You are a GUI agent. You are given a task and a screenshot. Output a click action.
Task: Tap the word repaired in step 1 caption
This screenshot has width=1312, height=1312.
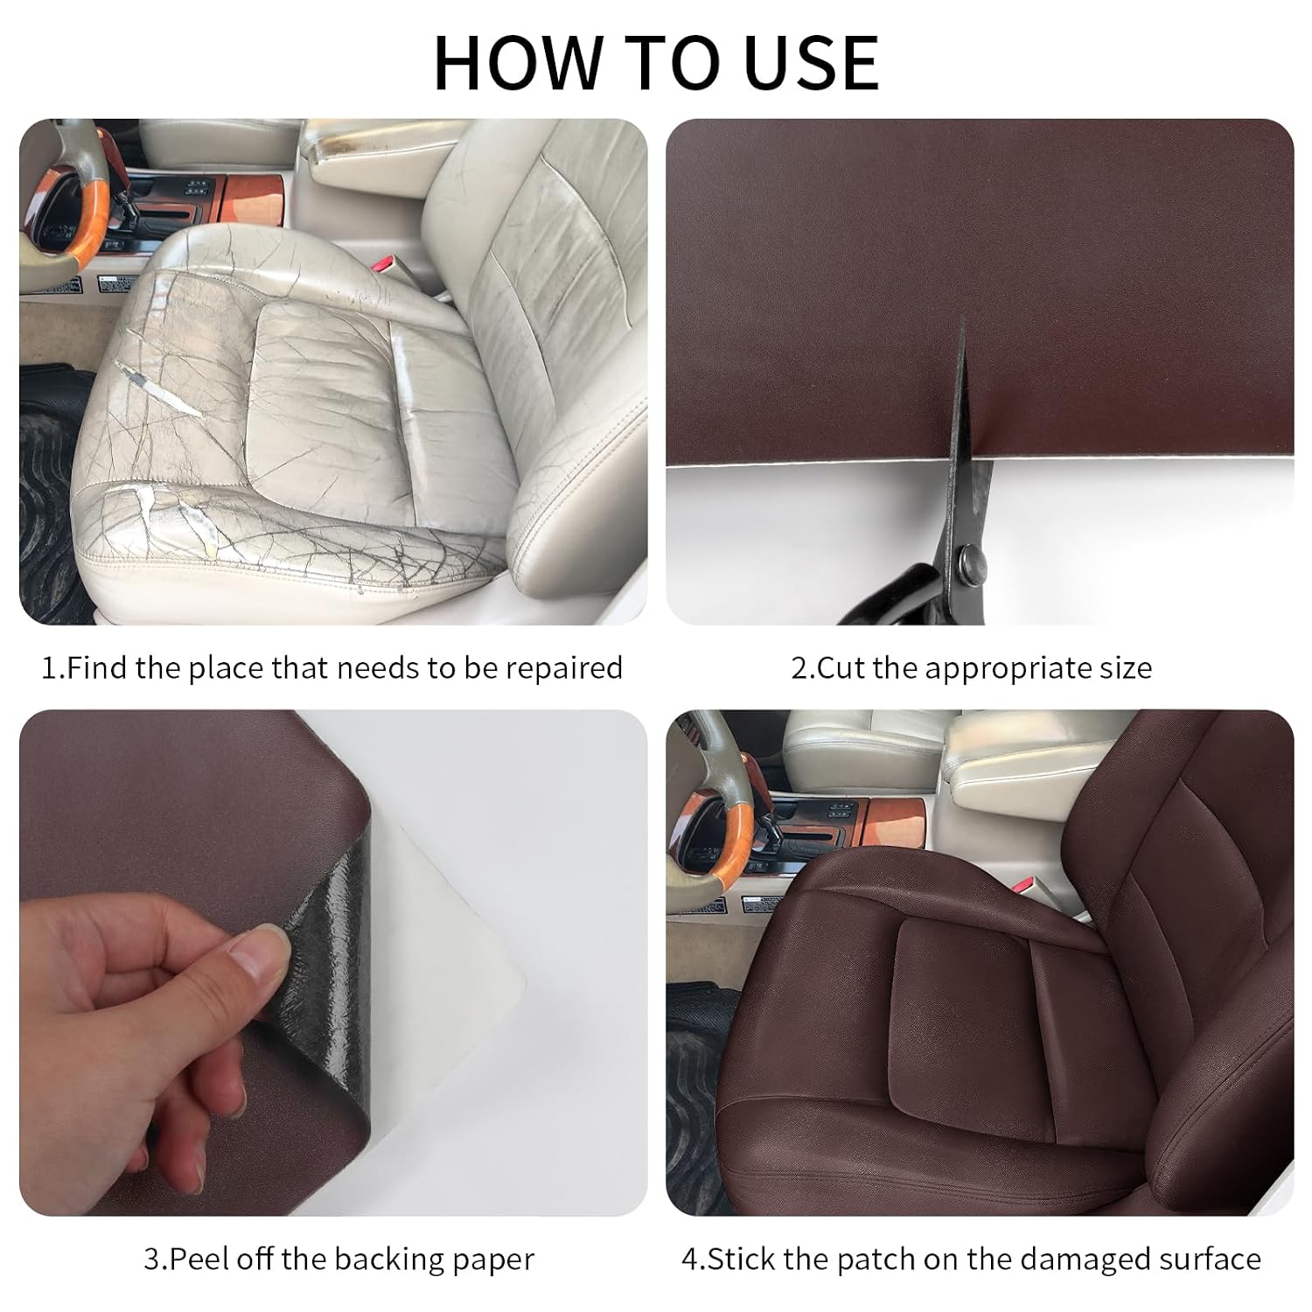[564, 669]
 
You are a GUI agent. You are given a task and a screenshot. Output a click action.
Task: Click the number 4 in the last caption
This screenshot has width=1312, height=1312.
[689, 1260]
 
